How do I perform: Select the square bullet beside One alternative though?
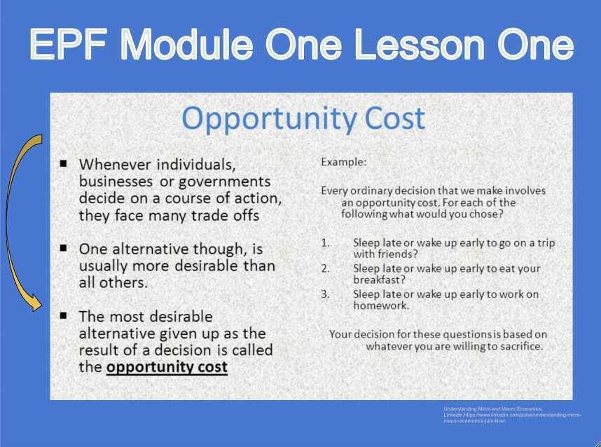[x=64, y=248]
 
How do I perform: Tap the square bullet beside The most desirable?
[x=64, y=315]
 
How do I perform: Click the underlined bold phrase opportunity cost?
[x=167, y=366]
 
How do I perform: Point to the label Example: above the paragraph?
[x=343, y=162]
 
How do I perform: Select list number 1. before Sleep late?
[x=326, y=242]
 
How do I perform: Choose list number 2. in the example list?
[x=326, y=268]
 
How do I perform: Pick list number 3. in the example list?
[x=326, y=294]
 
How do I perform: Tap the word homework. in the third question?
[x=381, y=305]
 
